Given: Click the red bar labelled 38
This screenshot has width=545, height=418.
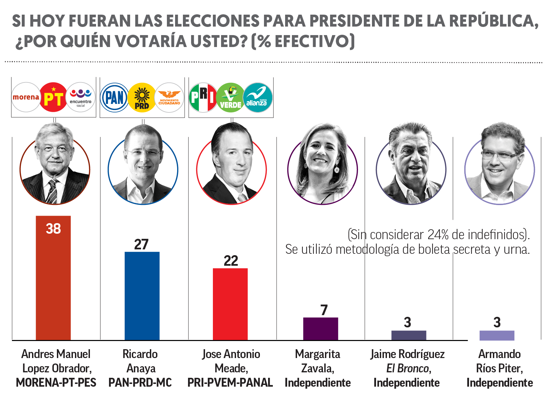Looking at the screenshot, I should click(53, 278).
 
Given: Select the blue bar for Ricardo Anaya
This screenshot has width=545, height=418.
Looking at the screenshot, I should click(142, 296).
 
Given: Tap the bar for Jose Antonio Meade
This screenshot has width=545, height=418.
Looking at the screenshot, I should click(230, 304).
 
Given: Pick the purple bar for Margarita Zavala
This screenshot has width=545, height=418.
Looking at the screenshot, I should click(321, 328).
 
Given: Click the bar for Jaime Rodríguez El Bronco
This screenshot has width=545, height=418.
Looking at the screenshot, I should click(409, 335).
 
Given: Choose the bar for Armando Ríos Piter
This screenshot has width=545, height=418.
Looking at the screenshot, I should click(497, 335).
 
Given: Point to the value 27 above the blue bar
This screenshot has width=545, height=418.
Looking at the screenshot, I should click(141, 244).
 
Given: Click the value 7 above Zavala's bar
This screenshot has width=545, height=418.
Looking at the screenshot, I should click(324, 310).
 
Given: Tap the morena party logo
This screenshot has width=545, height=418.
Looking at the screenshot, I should click(26, 97).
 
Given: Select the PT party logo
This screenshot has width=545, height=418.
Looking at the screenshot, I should click(53, 97).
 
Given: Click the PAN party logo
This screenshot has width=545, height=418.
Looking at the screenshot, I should click(114, 98).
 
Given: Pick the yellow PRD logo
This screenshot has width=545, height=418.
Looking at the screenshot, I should click(142, 98).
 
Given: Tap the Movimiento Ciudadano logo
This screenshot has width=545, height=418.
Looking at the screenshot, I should click(169, 98).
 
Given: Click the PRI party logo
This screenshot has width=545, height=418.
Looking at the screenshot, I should click(203, 98).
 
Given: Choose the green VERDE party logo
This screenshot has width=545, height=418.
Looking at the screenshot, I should click(230, 98).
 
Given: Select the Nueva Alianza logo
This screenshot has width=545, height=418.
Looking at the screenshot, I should click(258, 98).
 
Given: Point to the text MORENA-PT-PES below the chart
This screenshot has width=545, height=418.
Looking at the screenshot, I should click(56, 383).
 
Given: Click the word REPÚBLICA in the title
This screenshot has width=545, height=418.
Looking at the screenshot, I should click(493, 21).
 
